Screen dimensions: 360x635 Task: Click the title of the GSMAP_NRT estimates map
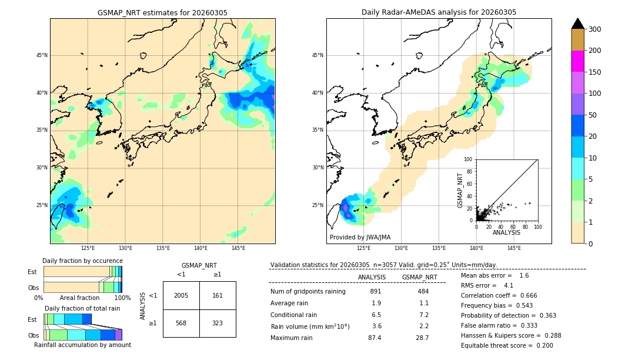[162, 12]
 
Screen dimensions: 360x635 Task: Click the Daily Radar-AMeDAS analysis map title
[439, 12]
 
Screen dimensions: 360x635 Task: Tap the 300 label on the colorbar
[595, 29]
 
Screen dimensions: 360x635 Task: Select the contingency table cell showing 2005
[181, 295]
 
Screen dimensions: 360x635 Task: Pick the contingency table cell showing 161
[218, 295]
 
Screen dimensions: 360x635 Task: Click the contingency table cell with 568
[181, 323]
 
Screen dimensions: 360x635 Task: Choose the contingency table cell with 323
[218, 323]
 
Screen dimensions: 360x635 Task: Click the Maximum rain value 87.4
[375, 338]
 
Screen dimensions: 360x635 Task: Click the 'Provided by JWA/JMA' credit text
[360, 237]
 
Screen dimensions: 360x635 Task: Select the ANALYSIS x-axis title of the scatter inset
[506, 232]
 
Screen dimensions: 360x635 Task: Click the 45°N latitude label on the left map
[42, 55]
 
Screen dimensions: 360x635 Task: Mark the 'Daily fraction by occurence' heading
[82, 261]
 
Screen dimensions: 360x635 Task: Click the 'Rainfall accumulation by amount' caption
[82, 345]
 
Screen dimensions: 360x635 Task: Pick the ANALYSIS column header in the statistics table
[372, 277]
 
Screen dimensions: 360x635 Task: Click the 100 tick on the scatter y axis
[468, 159]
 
